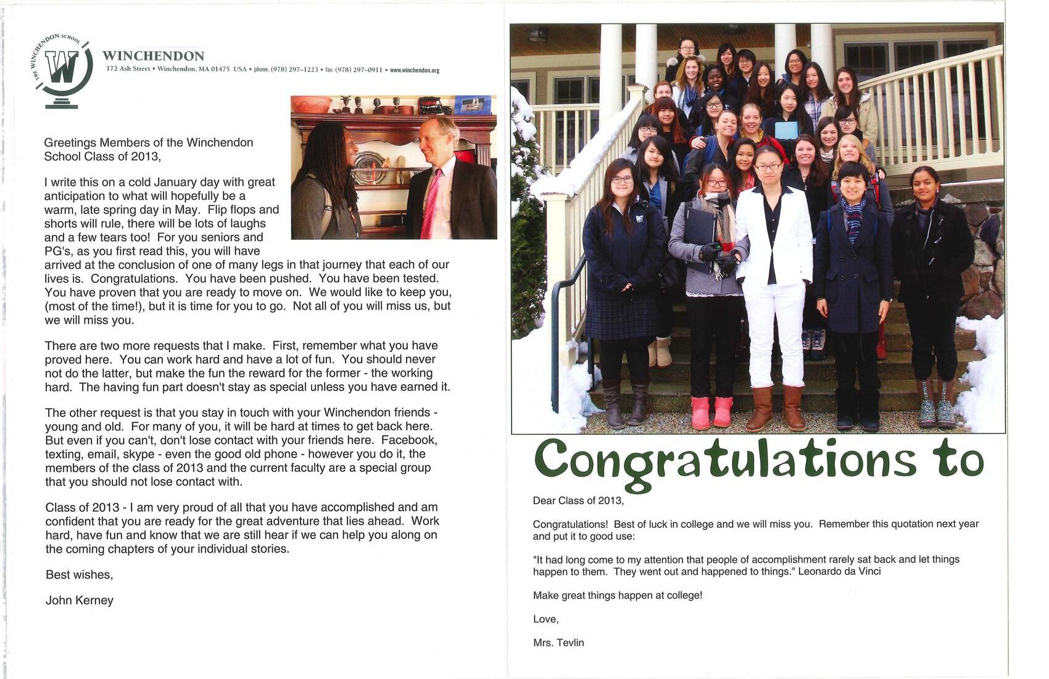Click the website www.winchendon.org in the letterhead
coord(415,70)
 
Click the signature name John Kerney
coord(80,600)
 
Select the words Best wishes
coord(79,575)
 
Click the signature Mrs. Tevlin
coord(558,643)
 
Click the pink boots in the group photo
coord(711,412)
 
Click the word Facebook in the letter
coord(409,440)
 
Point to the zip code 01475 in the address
coord(220,69)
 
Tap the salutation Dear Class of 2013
coord(578,501)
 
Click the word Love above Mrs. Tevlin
coord(545,619)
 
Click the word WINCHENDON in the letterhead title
coord(153,56)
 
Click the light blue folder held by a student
coord(786,131)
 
